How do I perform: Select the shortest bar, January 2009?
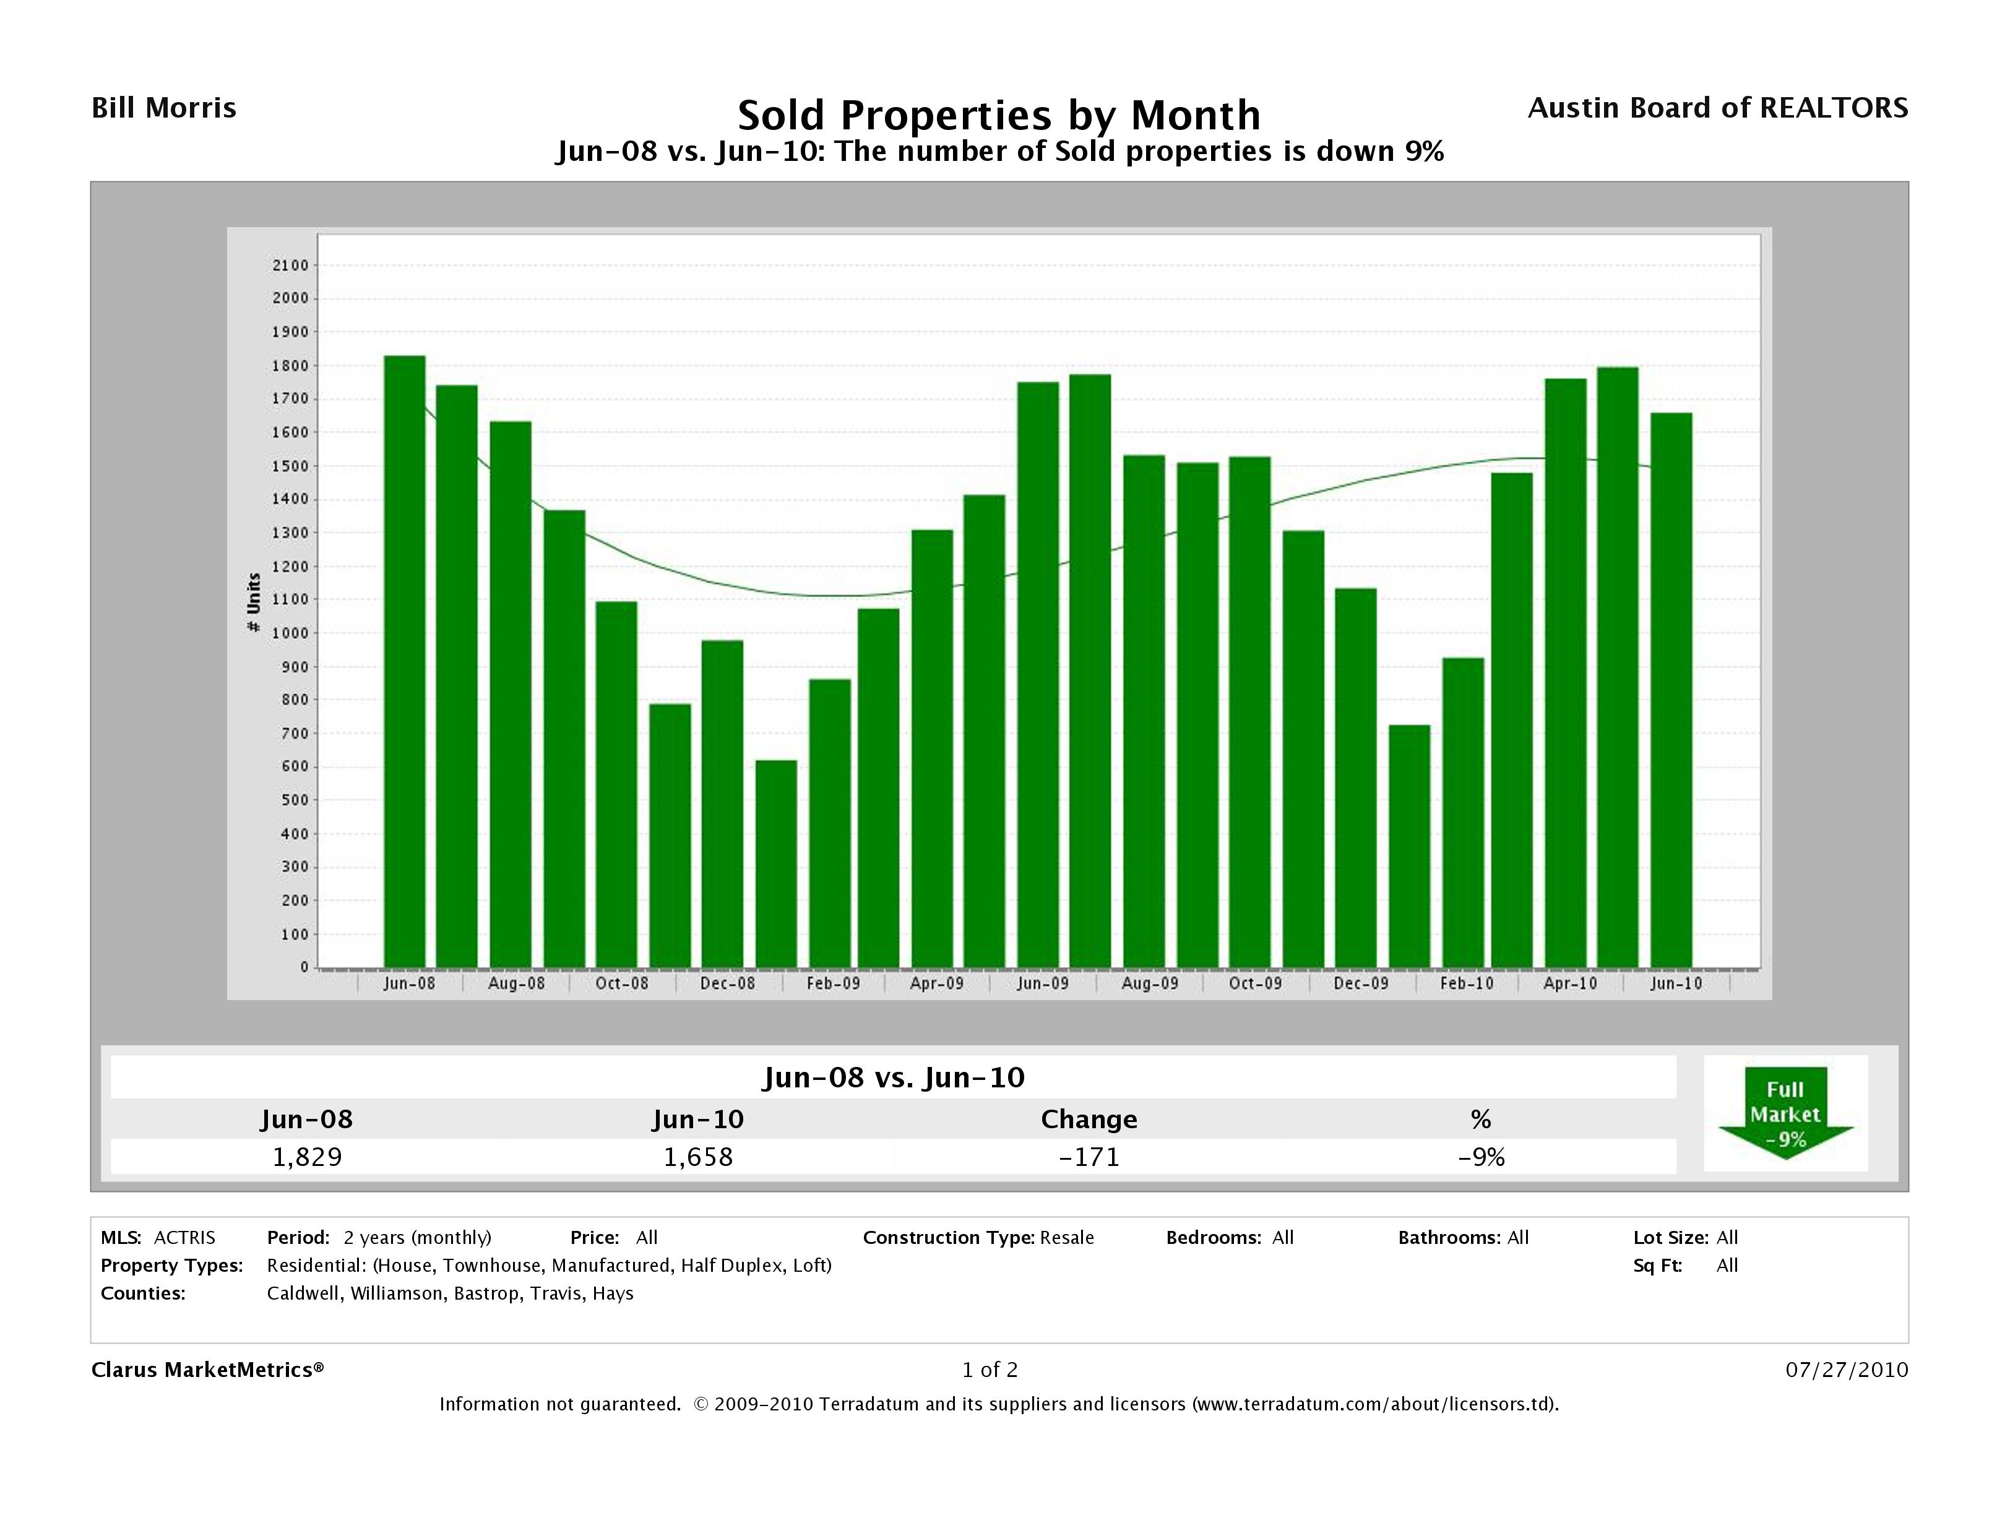[x=775, y=863]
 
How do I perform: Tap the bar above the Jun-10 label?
[x=1671, y=690]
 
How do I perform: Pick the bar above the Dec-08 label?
[x=722, y=803]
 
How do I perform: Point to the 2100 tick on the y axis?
[x=291, y=265]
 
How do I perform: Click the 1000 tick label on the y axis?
[x=291, y=633]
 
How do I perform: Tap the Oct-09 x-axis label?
[x=1255, y=983]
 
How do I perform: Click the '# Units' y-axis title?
[x=254, y=602]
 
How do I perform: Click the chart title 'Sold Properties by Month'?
[x=999, y=116]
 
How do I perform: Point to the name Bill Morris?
[x=165, y=108]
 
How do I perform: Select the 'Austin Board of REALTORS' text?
[x=1717, y=108]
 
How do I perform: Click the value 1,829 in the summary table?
[x=307, y=1157]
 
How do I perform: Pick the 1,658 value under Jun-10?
[x=698, y=1157]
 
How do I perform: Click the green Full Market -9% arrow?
[x=1785, y=1113]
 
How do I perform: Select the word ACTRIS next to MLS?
[x=184, y=1238]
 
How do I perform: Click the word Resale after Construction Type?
[x=1066, y=1238]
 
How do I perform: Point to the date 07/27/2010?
[x=1846, y=1370]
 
